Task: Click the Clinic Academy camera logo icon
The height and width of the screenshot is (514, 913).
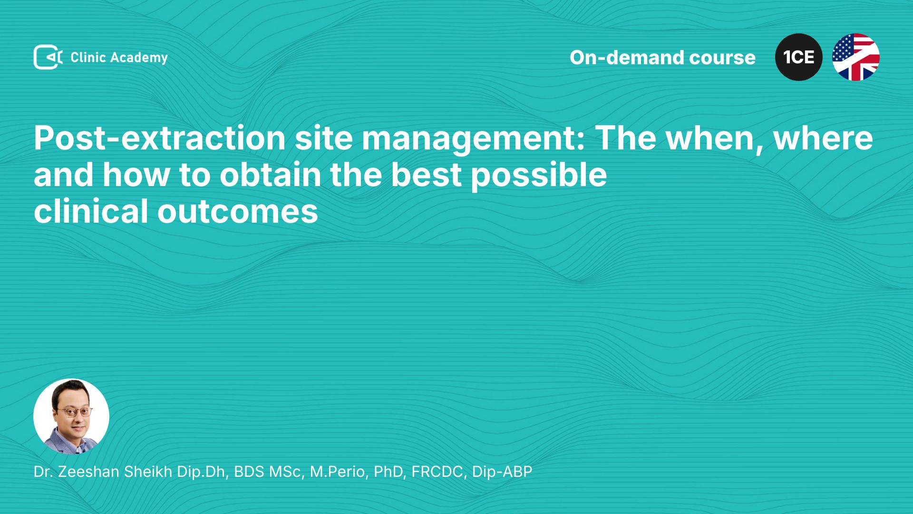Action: [x=48, y=57]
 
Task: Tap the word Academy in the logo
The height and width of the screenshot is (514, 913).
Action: [x=139, y=58]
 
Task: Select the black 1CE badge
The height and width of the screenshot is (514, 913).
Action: [x=799, y=57]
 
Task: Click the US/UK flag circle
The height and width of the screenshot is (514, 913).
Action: [x=856, y=57]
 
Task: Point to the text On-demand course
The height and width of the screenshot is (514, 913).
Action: [x=662, y=58]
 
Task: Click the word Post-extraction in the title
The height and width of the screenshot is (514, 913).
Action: [x=160, y=138]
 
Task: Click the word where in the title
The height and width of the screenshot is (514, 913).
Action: [x=823, y=139]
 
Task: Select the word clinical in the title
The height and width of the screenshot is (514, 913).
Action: [x=91, y=211]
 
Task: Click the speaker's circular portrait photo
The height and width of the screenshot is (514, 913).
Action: [x=71, y=416]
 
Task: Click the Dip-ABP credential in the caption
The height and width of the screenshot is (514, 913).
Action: [x=502, y=472]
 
